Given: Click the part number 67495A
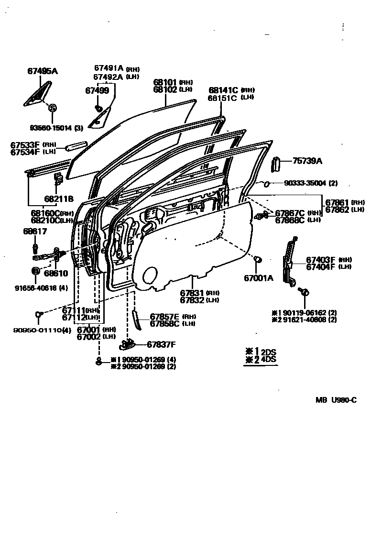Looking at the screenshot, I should [x=42, y=71].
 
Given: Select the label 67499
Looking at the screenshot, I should [x=97, y=90].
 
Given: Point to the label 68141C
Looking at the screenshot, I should [x=223, y=90].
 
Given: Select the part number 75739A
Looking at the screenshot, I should [x=307, y=161].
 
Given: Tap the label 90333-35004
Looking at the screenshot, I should [x=305, y=183].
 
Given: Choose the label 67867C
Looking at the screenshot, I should [x=290, y=213].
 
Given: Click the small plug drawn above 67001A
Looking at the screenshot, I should [x=258, y=259].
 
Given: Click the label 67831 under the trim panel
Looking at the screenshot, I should [x=193, y=293].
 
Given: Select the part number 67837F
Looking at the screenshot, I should [x=161, y=344].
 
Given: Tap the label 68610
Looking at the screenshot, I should [x=56, y=274].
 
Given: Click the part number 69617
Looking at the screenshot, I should [x=35, y=231].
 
